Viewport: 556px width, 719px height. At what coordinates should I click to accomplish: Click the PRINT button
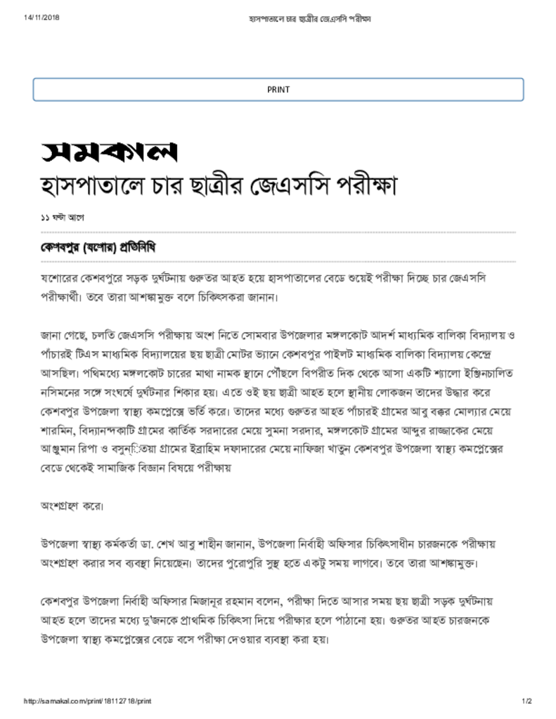click(x=278, y=89)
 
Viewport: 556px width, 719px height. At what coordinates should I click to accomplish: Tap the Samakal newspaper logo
click(x=108, y=151)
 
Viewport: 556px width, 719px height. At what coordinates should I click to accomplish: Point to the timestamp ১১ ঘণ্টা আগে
click(x=63, y=218)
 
